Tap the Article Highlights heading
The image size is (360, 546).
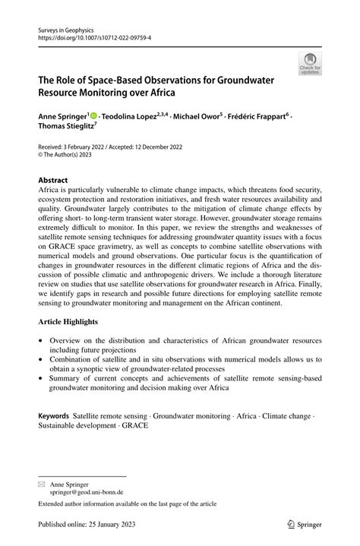pos(74,322)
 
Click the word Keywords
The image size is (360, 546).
pos(54,416)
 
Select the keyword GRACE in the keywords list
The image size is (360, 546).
pos(134,426)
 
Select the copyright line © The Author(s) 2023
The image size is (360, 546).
pos(77,158)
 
